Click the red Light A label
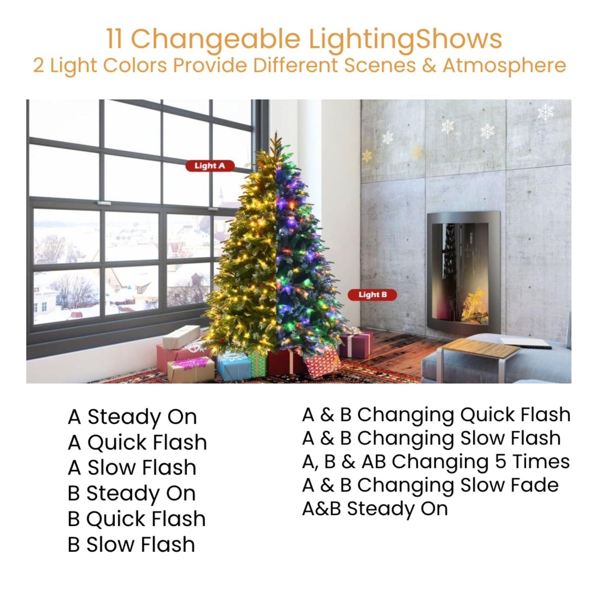210,166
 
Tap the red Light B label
372,295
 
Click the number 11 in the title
116,39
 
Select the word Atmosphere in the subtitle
504,65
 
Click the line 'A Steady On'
132,417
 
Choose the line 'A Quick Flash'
137,442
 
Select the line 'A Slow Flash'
132,468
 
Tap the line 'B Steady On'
131,493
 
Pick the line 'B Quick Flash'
136,519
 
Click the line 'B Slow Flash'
131,545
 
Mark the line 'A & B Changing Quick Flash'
436,415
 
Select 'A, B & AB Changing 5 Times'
436,462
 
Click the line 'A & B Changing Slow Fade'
430,485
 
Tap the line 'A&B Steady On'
375,509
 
